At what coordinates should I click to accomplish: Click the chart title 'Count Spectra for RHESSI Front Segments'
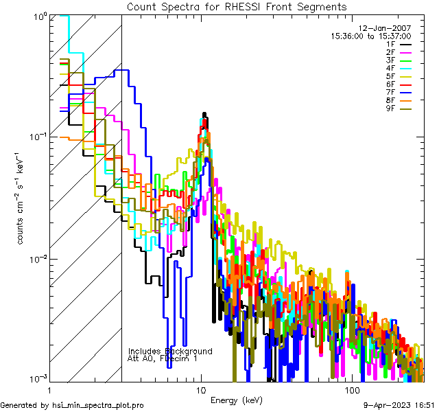(x=237, y=6)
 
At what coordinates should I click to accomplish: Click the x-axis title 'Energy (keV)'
(x=237, y=400)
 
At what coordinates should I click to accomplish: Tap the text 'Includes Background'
(x=170, y=351)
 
